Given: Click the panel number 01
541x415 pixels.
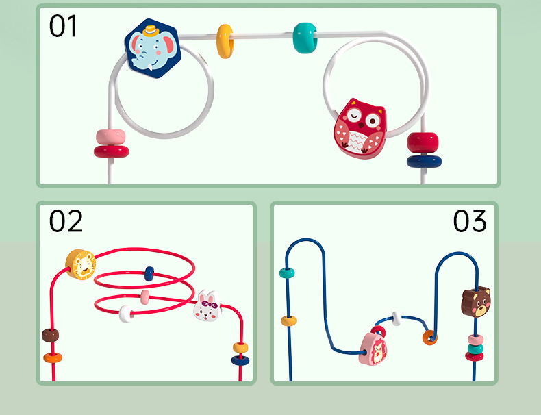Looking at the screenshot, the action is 63,26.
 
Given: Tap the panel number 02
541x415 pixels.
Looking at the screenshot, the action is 66,222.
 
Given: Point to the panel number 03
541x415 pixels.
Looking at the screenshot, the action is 470,222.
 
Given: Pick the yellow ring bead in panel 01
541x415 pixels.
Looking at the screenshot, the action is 225,41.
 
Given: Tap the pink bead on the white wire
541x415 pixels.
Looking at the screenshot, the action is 110,136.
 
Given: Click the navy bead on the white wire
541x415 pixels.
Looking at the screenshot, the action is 424,162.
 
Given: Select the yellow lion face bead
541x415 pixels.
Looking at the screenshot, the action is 81,265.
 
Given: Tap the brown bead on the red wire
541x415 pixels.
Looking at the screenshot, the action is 51,335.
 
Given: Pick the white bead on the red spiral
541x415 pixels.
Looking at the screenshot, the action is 127,314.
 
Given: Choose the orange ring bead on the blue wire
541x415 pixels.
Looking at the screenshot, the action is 429,337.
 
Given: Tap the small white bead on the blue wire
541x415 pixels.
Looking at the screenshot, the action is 396,318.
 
